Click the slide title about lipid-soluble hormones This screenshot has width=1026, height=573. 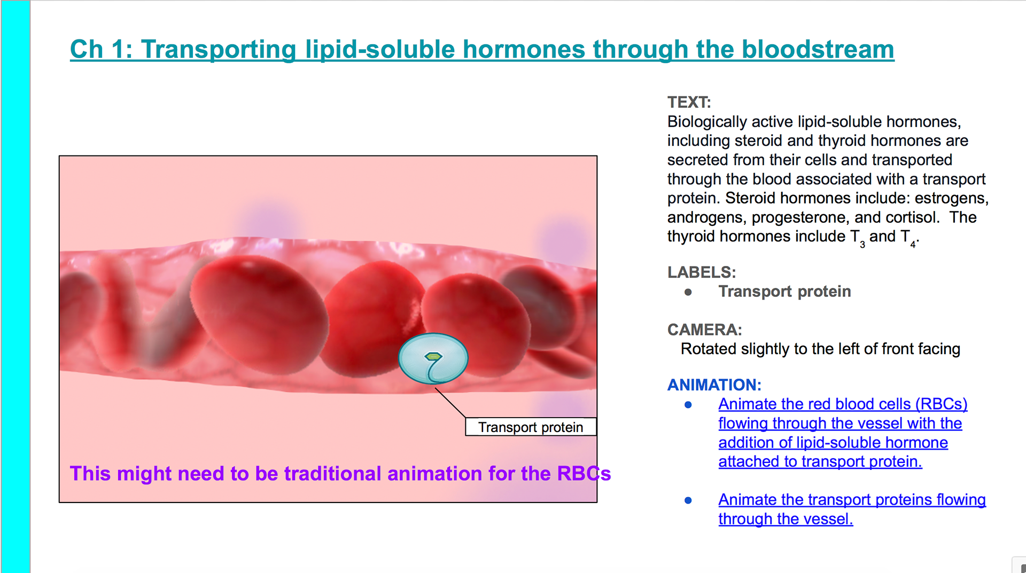pyautogui.click(x=482, y=50)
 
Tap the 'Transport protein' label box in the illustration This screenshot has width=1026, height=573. pyautogui.click(x=531, y=427)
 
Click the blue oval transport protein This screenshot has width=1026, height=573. pyautogui.click(x=433, y=359)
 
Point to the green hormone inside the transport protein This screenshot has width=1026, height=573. pyautogui.click(x=433, y=356)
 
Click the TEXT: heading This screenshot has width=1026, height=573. pyautogui.click(x=689, y=102)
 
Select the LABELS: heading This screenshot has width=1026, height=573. pyautogui.click(x=702, y=272)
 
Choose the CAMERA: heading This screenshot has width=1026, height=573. pyautogui.click(x=705, y=329)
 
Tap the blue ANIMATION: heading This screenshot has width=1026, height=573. pyautogui.click(x=714, y=384)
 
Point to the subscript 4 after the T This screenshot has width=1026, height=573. pyautogui.click(x=913, y=245)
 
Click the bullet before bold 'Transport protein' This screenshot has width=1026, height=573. pyautogui.click(x=688, y=292)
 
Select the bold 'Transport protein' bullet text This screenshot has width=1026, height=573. pyautogui.click(x=784, y=292)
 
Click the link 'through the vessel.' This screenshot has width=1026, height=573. pyautogui.click(x=786, y=519)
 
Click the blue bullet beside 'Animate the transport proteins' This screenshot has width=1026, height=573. pyautogui.click(x=688, y=500)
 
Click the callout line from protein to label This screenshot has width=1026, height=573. pyautogui.click(x=450, y=403)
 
